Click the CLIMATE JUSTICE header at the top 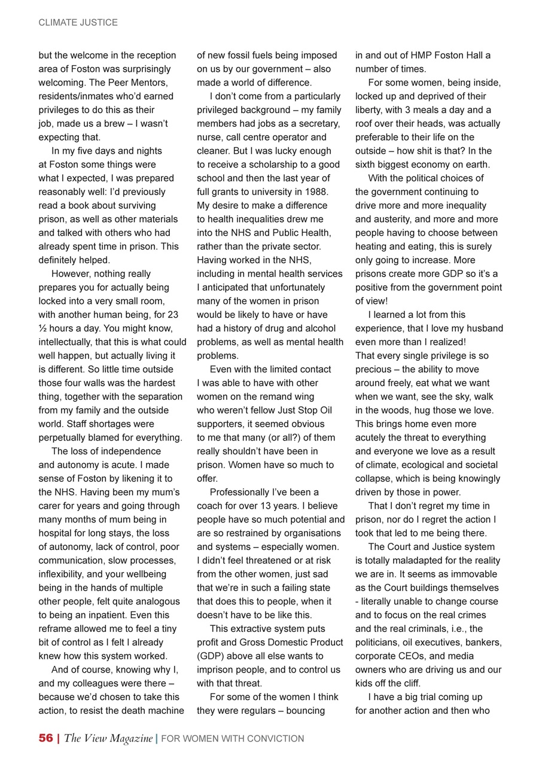(x=78, y=23)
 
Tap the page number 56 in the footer (x=45, y=738)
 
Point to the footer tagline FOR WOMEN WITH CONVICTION (x=233, y=739)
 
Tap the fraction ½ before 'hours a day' (x=42, y=329)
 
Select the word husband (x=485, y=329)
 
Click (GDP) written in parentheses (x=210, y=656)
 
